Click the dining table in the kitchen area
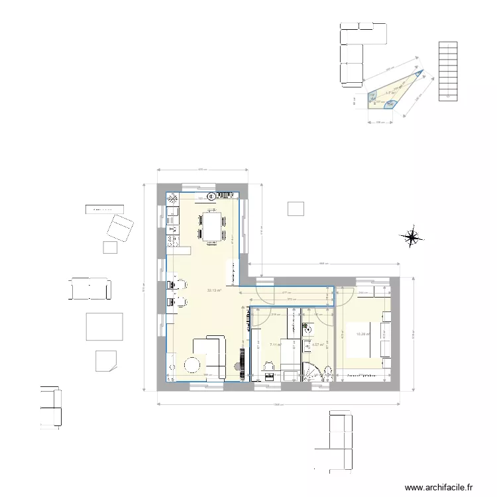pos(212,225)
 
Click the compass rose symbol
pos(412,236)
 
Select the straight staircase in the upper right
pos(448,70)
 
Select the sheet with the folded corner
pos(106,360)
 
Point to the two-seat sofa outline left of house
pos(90,289)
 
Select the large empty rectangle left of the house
pos(105,327)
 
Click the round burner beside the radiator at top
pos(212,196)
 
